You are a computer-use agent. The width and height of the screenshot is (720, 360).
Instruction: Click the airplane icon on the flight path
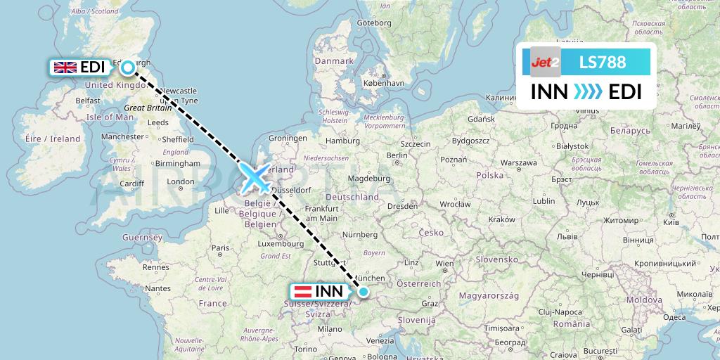[x=256, y=177]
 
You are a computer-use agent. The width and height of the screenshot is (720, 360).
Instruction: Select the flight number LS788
[x=602, y=62]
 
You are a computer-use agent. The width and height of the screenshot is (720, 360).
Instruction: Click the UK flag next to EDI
[x=65, y=67]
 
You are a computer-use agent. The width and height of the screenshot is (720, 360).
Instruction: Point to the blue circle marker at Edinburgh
[x=128, y=67]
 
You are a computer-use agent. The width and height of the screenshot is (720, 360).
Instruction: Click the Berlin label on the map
[x=397, y=155]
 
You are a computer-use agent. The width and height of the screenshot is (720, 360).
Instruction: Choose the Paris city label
[x=221, y=247]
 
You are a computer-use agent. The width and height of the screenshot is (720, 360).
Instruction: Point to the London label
[x=181, y=182]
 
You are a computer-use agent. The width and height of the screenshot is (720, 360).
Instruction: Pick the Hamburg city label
[x=343, y=141]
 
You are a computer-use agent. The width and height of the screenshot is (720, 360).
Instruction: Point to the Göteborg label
[x=374, y=22]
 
